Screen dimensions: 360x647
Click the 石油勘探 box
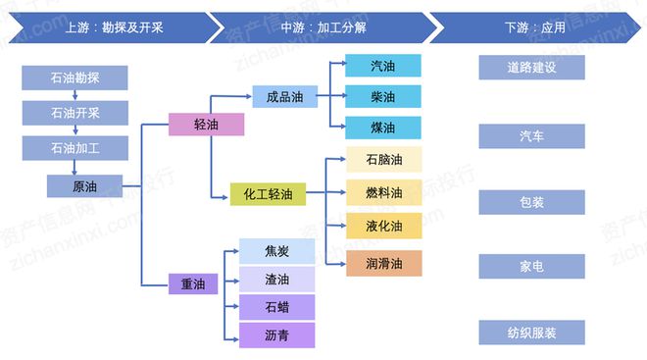pos(75,77)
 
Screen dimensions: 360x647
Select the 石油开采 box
pos(75,113)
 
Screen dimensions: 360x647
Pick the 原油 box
pos(84,186)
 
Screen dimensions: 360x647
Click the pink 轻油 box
pos(206,125)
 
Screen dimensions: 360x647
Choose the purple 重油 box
pos(192,283)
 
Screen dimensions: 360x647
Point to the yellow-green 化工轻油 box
pos(268,194)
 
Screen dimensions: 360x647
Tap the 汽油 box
pos(382,67)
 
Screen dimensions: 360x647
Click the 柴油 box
pos(382,97)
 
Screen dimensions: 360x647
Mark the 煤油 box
pos(382,128)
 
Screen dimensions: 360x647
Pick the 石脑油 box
pos(383,161)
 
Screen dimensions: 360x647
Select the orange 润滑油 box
pos(383,263)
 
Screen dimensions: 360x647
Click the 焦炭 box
pos(276,251)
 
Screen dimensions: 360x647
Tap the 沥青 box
pos(276,334)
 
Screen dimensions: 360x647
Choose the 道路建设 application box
pos(531,68)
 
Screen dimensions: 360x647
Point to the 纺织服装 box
pos(531,333)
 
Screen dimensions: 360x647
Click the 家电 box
pos(531,266)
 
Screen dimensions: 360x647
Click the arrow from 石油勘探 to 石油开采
pos(75,94)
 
